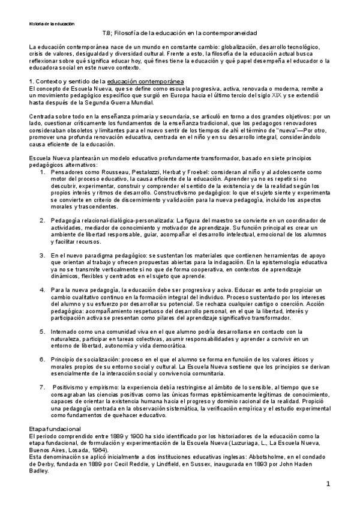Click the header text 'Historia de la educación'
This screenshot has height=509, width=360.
(x=52, y=24)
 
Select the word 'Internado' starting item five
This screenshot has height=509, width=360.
(x=64, y=331)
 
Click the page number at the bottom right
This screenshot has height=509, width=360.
(x=328, y=484)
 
